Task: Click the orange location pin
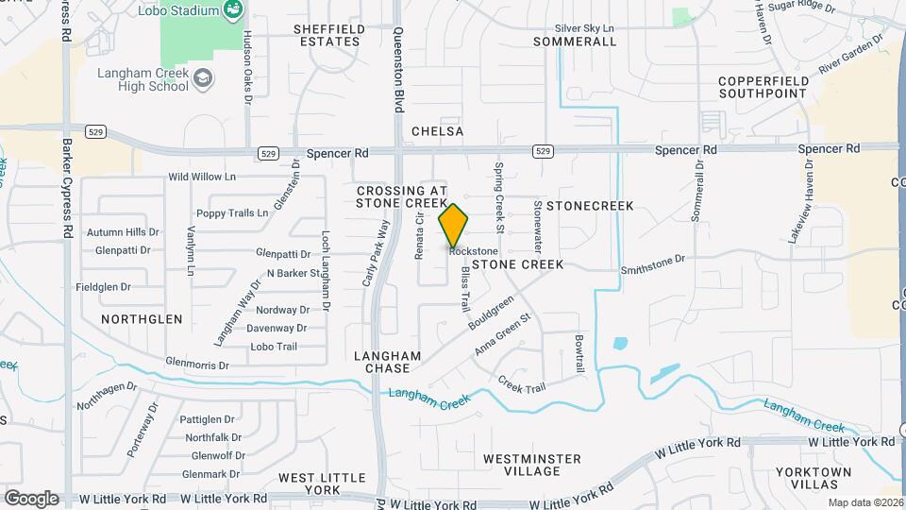click(453, 225)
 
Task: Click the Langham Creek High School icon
click(203, 79)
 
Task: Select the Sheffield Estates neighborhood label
click(329, 35)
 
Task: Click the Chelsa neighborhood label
click(438, 131)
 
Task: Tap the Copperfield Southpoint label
click(763, 87)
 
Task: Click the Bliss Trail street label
click(464, 287)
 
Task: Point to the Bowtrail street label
click(579, 352)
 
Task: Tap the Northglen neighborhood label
click(142, 319)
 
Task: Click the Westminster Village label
click(531, 465)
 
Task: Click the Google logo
click(31, 499)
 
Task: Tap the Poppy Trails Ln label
click(232, 213)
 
